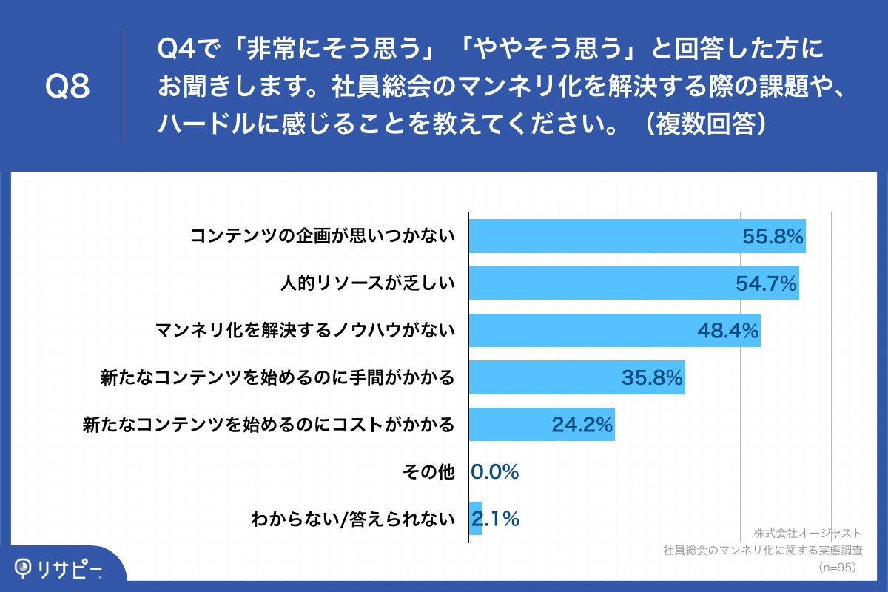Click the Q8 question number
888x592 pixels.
tap(67, 87)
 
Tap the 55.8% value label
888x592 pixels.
tap(773, 237)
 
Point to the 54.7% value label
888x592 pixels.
tap(767, 283)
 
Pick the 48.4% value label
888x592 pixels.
tap(728, 331)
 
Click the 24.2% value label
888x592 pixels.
tap(582, 425)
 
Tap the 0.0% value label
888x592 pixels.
tap(495, 472)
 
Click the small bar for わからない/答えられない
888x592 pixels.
tap(476, 519)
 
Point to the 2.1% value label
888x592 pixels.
tap(496, 519)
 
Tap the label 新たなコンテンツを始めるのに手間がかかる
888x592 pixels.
tap(277, 378)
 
